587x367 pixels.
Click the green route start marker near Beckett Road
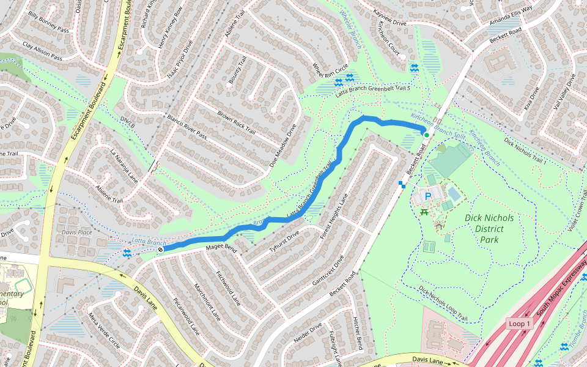426,135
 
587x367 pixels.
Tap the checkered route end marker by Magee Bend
160,249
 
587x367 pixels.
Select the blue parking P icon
428,196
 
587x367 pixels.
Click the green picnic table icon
424,212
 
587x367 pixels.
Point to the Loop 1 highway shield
519,323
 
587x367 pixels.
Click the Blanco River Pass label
187,127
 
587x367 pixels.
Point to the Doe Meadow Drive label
283,146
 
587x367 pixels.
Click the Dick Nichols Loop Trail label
443,304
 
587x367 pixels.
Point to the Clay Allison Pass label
43,51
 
